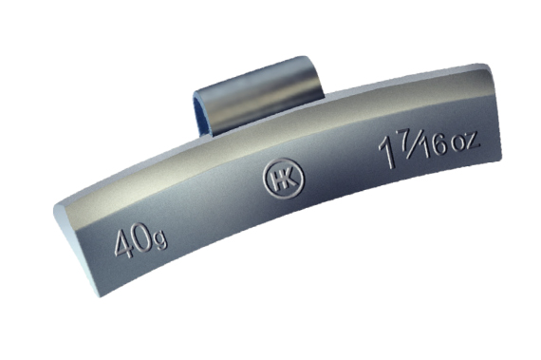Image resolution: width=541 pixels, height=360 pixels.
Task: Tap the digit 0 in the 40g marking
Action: coord(142,237)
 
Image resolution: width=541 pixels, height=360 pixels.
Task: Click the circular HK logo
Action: coord(284,179)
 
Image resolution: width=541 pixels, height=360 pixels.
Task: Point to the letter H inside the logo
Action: coord(276,180)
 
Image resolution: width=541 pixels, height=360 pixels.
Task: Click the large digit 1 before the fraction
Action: coord(387,152)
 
